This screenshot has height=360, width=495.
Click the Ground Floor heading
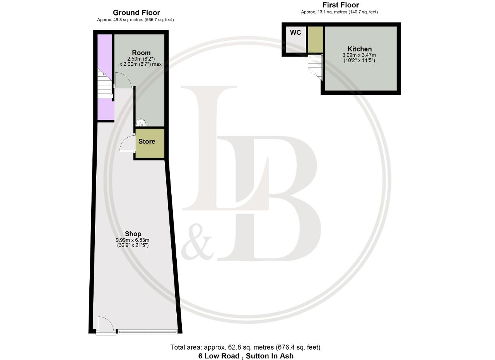(x=137, y=13)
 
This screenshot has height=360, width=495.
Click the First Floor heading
(x=341, y=5)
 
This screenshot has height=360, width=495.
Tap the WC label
(x=295, y=33)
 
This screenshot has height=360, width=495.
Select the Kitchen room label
(x=360, y=49)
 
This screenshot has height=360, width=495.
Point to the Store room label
(x=147, y=142)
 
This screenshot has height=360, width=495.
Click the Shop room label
(x=133, y=234)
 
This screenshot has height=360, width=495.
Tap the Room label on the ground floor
(x=141, y=53)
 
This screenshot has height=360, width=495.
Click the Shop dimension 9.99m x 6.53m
(x=133, y=240)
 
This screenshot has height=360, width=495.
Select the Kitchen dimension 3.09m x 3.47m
(x=359, y=55)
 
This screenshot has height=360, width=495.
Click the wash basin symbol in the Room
(x=140, y=123)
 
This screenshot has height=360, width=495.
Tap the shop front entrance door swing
(x=106, y=324)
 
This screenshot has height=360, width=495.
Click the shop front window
(x=147, y=331)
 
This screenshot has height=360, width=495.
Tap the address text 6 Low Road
(x=219, y=356)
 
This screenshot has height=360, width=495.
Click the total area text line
(x=245, y=347)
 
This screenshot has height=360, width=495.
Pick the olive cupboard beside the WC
(x=315, y=39)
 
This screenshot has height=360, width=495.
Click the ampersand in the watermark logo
(x=197, y=242)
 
